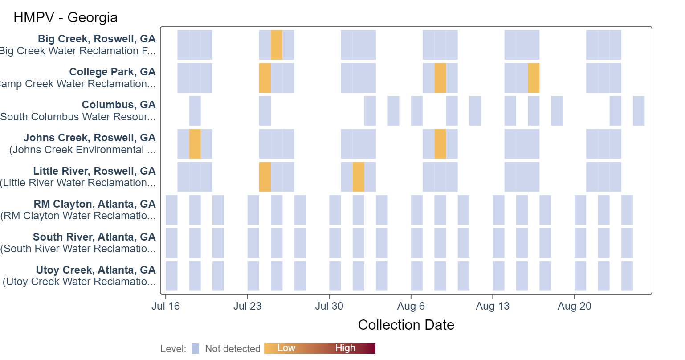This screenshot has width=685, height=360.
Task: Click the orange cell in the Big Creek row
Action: tap(276, 45)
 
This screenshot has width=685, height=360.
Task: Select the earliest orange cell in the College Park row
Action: tap(265, 78)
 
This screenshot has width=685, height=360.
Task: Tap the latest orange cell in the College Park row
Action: tap(534, 78)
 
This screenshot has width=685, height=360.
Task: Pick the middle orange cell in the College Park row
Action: tap(440, 78)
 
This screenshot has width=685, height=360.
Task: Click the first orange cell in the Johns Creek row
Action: tap(195, 144)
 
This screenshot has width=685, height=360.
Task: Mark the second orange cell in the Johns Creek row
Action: tap(440, 144)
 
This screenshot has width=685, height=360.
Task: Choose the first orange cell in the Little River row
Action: tap(265, 177)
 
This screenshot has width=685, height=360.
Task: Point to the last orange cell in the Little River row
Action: tap(358, 177)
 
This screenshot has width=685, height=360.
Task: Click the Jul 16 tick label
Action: tap(166, 306)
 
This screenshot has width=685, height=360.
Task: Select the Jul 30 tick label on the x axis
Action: tap(329, 306)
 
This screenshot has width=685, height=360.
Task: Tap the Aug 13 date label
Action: tap(493, 306)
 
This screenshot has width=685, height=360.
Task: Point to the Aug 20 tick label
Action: tap(575, 306)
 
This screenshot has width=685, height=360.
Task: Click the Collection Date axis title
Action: tap(406, 325)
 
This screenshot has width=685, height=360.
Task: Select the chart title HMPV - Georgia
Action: tap(65, 17)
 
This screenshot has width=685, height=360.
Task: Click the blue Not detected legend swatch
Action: tap(195, 348)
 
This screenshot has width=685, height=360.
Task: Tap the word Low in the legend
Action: tap(286, 348)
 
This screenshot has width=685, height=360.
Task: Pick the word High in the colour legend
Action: tap(345, 348)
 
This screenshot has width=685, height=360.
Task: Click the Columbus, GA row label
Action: tap(118, 105)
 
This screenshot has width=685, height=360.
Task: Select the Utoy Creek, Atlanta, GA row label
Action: tap(96, 270)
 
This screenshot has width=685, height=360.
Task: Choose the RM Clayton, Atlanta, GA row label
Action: tap(94, 204)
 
